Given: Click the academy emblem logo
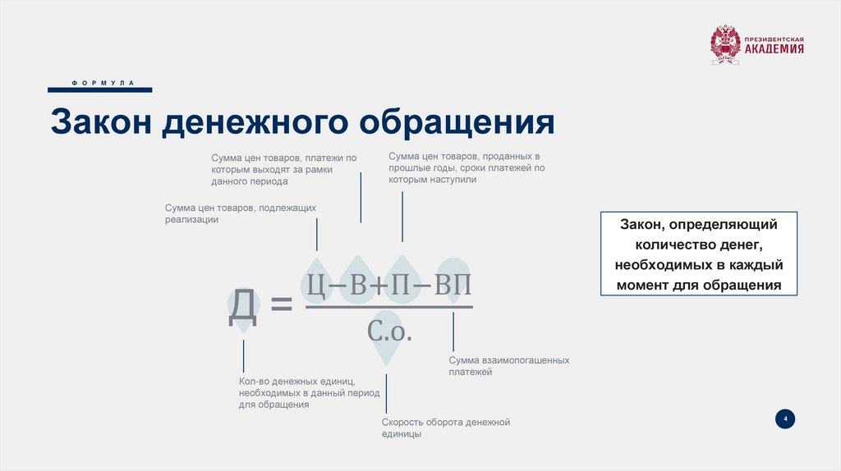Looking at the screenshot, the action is pos(725,44).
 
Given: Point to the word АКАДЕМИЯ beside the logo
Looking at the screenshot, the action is pos(774,50).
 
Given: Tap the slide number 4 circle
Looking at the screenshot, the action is pos(785,419).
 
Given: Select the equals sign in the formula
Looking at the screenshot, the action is pos(282,305).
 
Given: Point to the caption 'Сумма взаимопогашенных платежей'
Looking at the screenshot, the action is pos(508,366).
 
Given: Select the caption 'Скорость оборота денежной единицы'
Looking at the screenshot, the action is pos(446,428).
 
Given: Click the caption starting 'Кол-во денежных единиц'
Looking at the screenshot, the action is pos(310,393).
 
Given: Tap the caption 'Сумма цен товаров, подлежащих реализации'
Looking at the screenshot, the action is pos(240,214).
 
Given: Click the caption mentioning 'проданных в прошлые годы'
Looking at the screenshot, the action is pos(466,167).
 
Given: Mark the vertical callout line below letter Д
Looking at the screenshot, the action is pos(243,356).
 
